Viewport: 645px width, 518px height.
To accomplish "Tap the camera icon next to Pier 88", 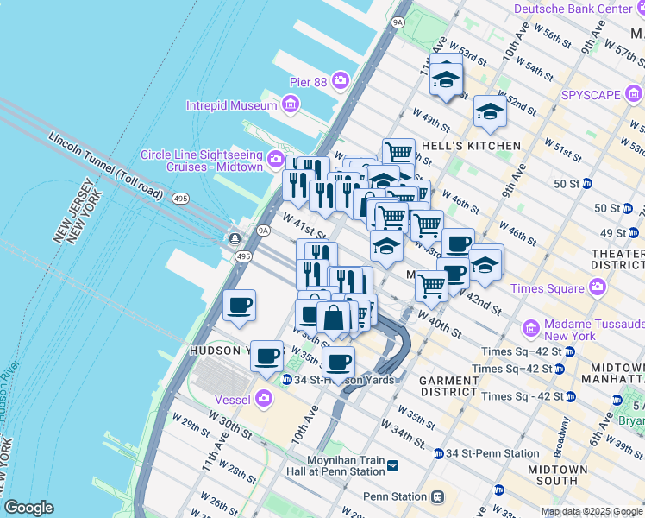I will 341,81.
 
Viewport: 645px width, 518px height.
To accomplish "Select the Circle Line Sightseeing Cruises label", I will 201,161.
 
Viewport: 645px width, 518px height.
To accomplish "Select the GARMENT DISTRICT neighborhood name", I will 448,386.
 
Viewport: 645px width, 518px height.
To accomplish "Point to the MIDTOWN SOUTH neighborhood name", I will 558,475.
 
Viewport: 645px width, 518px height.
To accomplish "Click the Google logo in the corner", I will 28,508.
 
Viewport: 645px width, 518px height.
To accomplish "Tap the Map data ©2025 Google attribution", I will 592,510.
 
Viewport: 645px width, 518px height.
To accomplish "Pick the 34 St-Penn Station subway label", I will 492,453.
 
